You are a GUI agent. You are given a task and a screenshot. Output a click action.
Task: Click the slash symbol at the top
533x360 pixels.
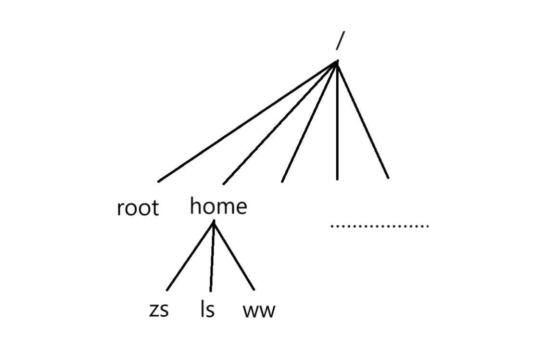click(340, 41)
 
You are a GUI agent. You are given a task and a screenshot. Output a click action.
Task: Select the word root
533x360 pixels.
click(138, 208)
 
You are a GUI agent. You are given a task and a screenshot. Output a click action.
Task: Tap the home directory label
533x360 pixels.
click(218, 206)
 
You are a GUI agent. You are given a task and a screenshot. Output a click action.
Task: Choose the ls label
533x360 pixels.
click(207, 309)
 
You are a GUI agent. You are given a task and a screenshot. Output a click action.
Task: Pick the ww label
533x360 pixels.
click(259, 311)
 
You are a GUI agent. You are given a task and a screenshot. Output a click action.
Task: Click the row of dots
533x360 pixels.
click(380, 225)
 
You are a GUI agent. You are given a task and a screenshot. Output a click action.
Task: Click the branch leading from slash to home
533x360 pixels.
click(280, 123)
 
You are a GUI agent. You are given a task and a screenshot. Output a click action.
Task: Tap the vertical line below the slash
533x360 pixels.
click(337, 120)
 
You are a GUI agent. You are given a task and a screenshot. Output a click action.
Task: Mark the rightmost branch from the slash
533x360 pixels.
click(363, 120)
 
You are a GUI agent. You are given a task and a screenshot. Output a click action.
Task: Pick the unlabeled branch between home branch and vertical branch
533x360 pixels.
click(310, 121)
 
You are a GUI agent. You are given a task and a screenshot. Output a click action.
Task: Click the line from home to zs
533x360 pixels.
click(190, 256)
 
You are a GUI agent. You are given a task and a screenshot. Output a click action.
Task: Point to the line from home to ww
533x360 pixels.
click(234, 256)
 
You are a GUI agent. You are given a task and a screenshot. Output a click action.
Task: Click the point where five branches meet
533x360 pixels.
click(337, 62)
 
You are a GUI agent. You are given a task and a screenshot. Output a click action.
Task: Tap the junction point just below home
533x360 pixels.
click(214, 222)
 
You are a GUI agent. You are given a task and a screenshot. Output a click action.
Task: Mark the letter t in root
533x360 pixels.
click(154, 208)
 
